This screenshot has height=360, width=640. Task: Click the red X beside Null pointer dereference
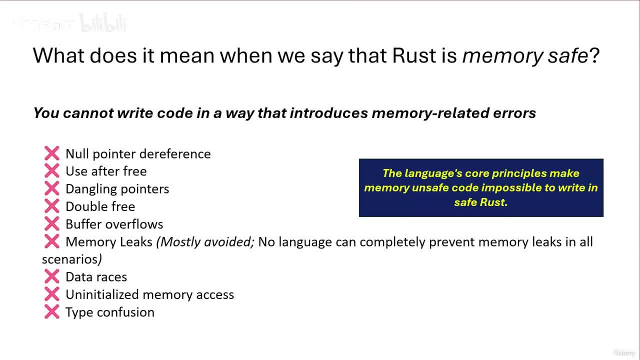click(51, 153)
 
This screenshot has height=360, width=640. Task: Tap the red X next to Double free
click(51, 206)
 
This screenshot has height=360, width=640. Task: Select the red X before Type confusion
click(51, 312)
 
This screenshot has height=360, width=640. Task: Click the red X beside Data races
click(51, 276)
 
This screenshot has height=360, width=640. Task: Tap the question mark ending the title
click(594, 55)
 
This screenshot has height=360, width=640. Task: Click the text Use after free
click(106, 171)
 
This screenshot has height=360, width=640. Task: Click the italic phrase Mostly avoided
click(205, 242)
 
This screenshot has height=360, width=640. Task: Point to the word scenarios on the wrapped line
click(69, 259)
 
